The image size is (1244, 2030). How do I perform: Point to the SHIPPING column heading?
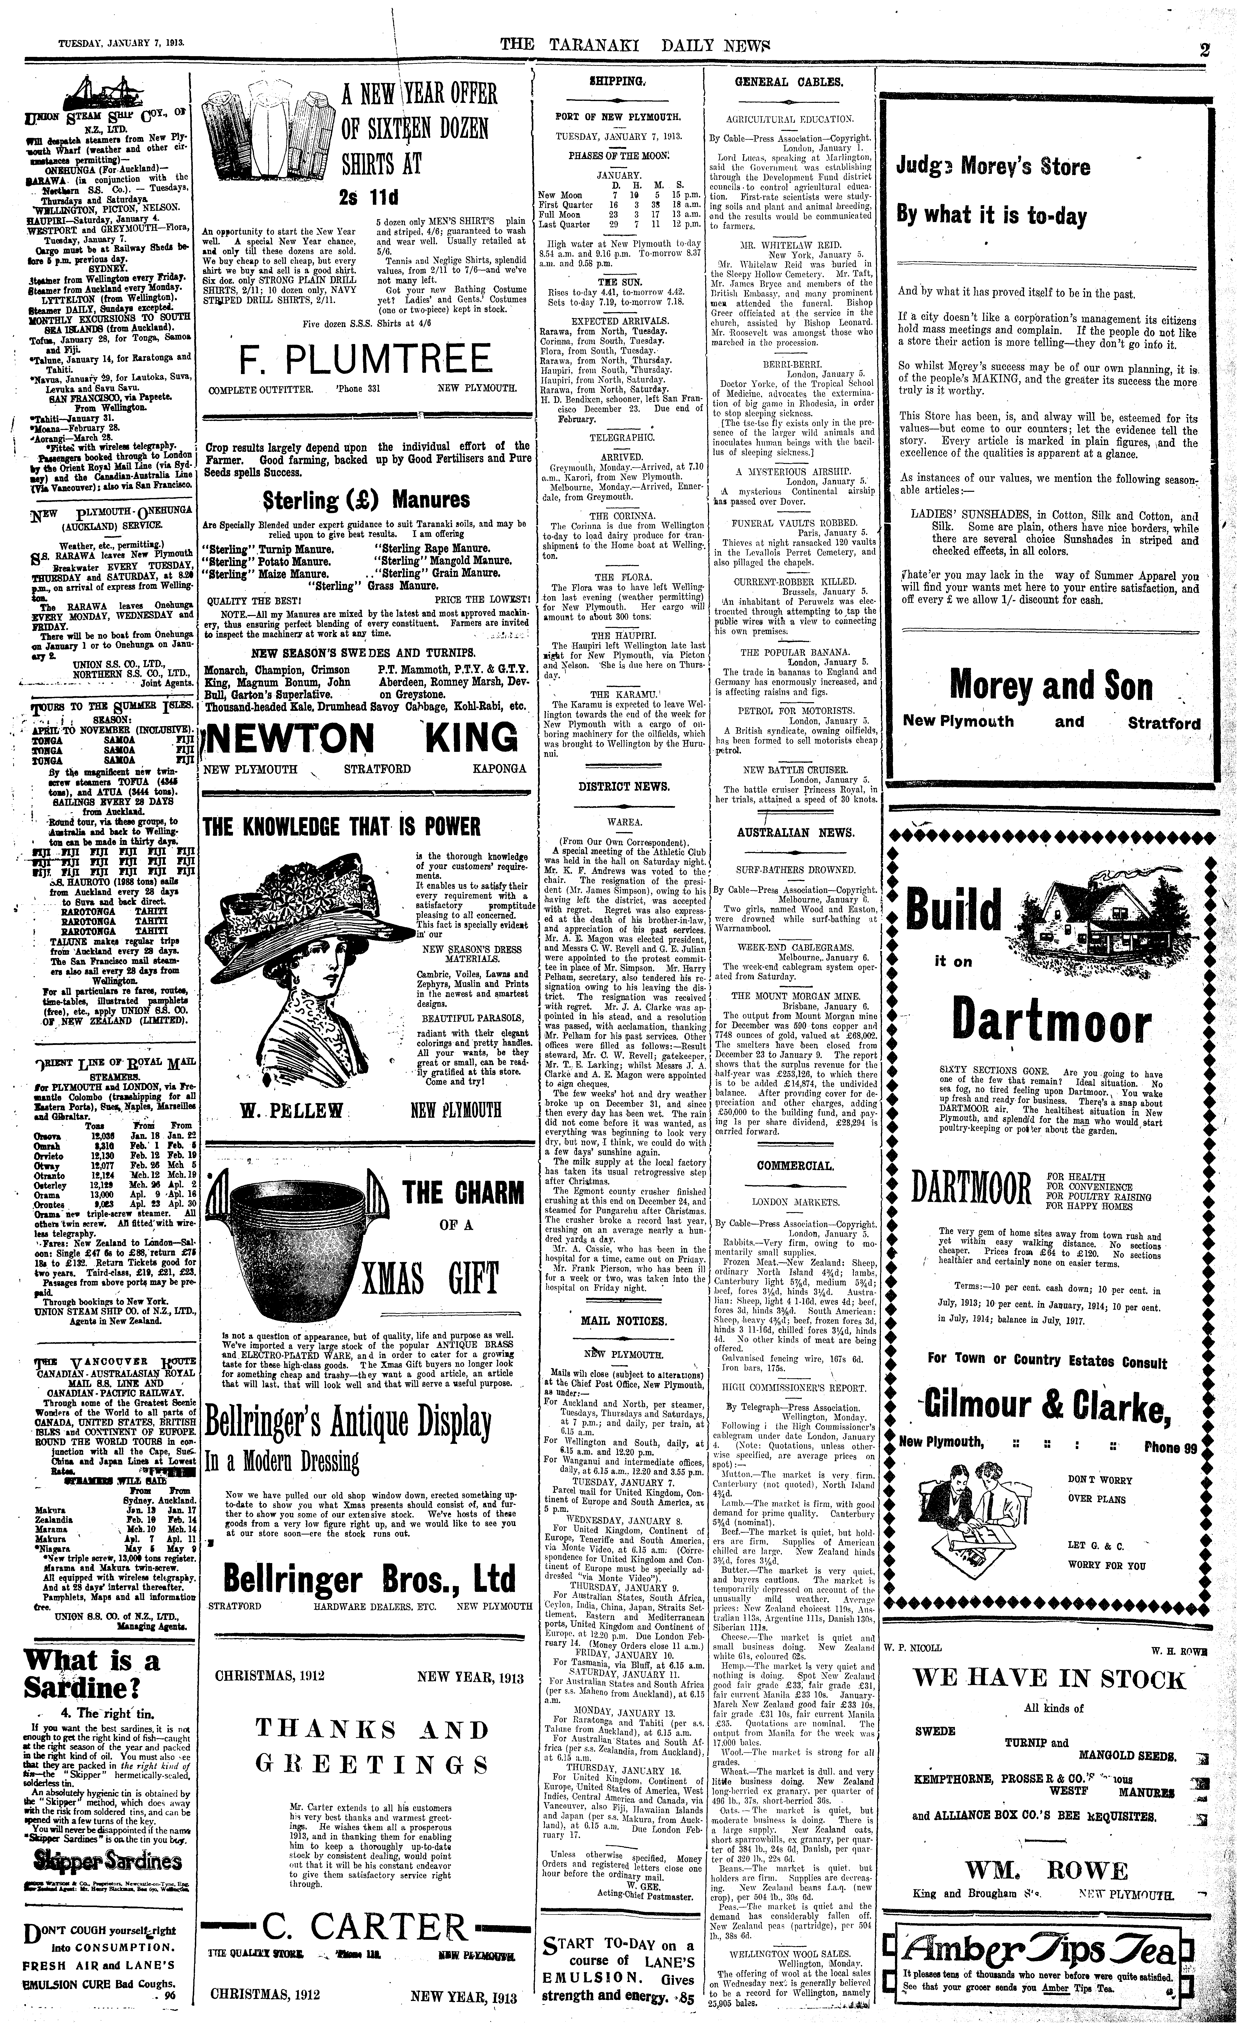[x=617, y=81]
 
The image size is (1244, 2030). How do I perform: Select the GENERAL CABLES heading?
[x=788, y=82]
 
